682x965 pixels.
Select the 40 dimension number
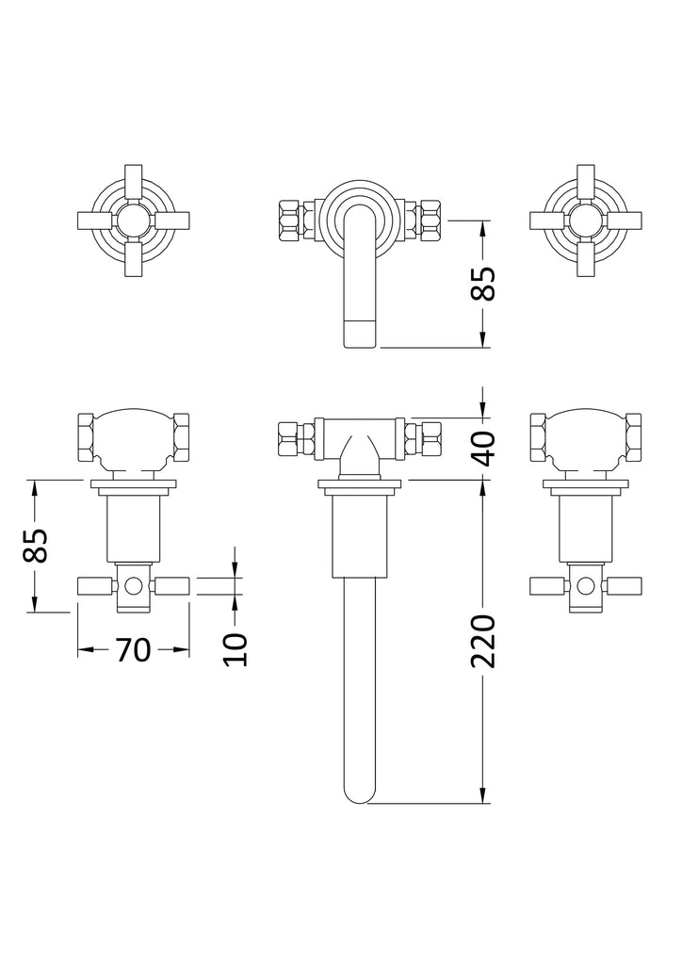(484, 449)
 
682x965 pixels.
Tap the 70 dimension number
(133, 650)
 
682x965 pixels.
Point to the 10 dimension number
(235, 649)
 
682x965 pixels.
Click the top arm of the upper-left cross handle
(134, 184)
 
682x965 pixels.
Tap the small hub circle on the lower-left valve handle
(133, 586)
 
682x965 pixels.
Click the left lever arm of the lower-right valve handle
(549, 586)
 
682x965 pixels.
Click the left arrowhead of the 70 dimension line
(85, 650)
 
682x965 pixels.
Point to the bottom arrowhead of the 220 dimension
(484, 795)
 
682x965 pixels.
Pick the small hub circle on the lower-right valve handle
(586, 586)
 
